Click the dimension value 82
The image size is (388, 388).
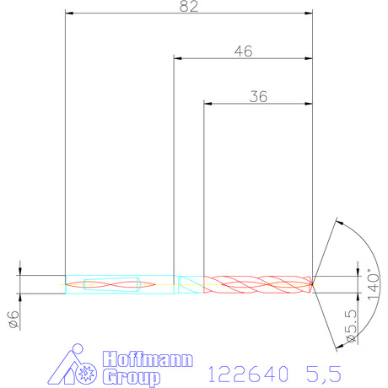coord(189,6)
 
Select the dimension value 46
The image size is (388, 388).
coord(244,51)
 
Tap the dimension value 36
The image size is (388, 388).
coord(258,97)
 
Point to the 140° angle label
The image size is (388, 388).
coord(374,284)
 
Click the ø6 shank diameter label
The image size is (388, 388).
coord(14,320)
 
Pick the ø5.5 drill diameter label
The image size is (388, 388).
coord(352,326)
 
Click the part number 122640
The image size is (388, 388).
coord(248,374)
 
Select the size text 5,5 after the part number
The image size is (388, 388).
coord(324,375)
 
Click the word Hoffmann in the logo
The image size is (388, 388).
coord(148,358)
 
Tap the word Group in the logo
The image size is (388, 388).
coord(131,377)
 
